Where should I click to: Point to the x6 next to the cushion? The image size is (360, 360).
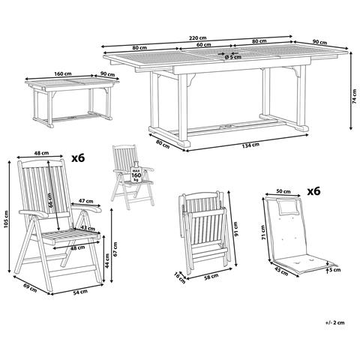tap(313, 191)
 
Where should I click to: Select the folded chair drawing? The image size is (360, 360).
tap(203, 232)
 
